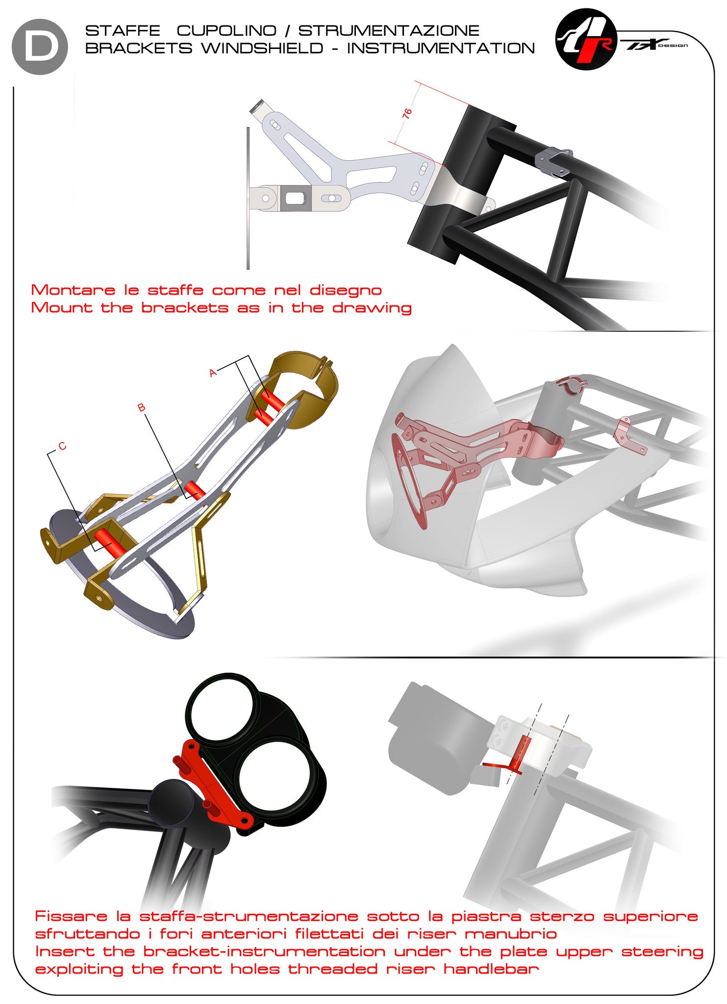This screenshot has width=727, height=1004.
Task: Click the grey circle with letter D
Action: coord(40,47)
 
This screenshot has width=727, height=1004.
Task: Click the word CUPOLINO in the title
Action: coord(226,30)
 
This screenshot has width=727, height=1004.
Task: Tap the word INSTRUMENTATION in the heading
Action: coord(441,48)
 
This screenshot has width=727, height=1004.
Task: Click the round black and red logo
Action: coord(586,39)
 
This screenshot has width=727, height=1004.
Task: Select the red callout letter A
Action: coord(213,373)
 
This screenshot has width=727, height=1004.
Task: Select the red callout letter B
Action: coord(141,407)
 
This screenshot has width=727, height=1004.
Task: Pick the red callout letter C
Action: coord(62,446)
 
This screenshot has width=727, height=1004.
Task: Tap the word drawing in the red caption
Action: coord(372,308)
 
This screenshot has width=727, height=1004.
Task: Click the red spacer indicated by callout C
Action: coord(110,543)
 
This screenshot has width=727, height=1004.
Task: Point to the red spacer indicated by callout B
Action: coord(194,490)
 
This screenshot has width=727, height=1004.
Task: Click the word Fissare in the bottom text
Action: coord(71,916)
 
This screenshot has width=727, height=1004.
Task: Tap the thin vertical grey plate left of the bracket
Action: coord(248,199)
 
